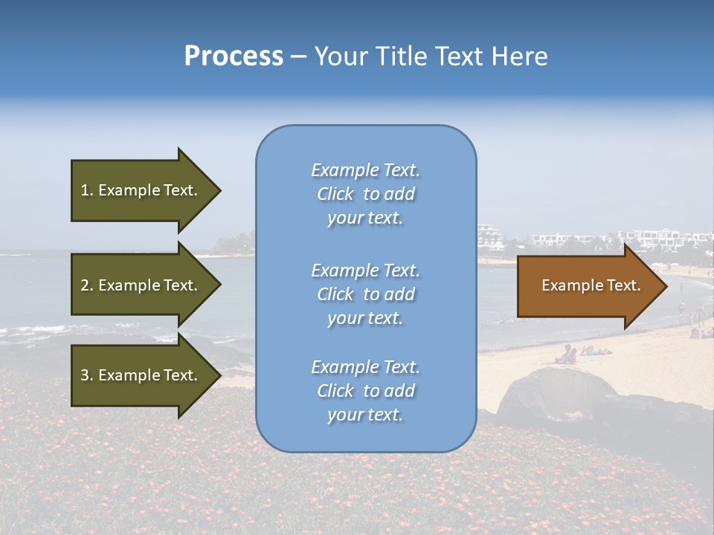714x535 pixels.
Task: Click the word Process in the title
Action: [234, 56]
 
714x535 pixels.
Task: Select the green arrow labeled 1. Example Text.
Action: [141, 190]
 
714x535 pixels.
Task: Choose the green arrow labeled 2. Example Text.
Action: [141, 285]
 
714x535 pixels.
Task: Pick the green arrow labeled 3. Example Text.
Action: [141, 375]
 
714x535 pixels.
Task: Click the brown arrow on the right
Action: [588, 286]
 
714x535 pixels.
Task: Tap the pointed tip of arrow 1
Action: [219, 190]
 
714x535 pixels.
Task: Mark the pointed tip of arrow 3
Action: [219, 375]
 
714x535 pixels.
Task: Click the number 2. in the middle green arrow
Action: [87, 285]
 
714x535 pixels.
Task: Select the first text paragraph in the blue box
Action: [365, 194]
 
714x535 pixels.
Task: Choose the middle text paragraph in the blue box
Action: [365, 294]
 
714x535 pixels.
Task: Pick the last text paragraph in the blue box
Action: [365, 391]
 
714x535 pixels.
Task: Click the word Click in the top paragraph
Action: [335, 194]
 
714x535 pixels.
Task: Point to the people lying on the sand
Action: [584, 353]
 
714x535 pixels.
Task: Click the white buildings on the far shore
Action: [654, 238]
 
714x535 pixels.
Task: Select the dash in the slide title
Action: [299, 56]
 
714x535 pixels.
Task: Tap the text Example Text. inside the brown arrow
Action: [591, 285]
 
